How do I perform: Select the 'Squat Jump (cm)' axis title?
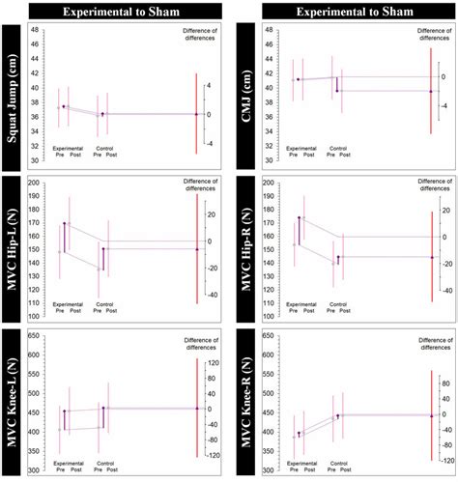(13, 95)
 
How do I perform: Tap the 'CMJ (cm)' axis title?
(243, 95)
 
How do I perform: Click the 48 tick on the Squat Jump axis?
(36, 30)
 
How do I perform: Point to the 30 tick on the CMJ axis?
(266, 160)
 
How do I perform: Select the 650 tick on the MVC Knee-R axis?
(264, 336)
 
